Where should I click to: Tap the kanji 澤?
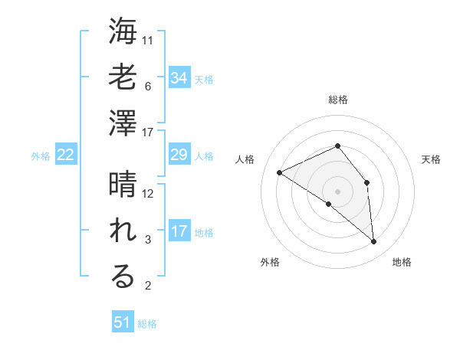tap(123, 124)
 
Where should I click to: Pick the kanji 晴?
tap(123, 185)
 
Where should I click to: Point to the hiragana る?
tap(123, 277)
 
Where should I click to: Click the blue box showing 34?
tap(179, 78)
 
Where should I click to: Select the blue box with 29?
tap(179, 155)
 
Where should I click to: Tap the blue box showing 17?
tap(179, 231)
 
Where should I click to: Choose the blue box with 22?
tap(66, 155)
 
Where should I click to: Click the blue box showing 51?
tap(123, 322)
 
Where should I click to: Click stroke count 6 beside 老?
tap(147, 86)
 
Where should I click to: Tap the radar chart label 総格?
tap(338, 100)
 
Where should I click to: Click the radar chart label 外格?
tap(270, 262)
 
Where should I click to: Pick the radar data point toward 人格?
tap(280, 172)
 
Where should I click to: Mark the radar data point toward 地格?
tap(374, 242)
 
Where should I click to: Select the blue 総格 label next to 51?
tap(147, 324)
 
